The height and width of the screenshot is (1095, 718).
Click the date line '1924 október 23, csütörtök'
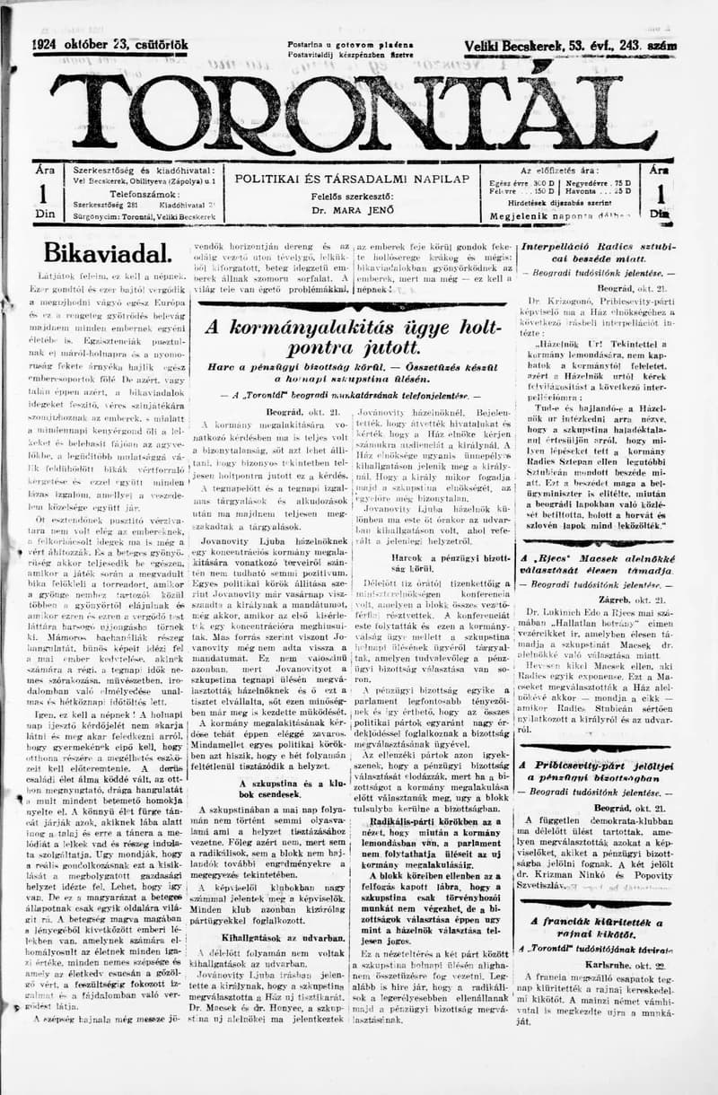tap(110, 45)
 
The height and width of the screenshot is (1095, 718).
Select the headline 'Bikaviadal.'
tap(107, 251)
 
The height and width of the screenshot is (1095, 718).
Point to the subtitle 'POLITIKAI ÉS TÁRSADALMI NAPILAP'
tap(352, 179)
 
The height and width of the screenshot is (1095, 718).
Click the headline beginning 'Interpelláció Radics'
tap(599, 251)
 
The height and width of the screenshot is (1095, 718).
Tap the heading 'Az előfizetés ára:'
tap(561, 170)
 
